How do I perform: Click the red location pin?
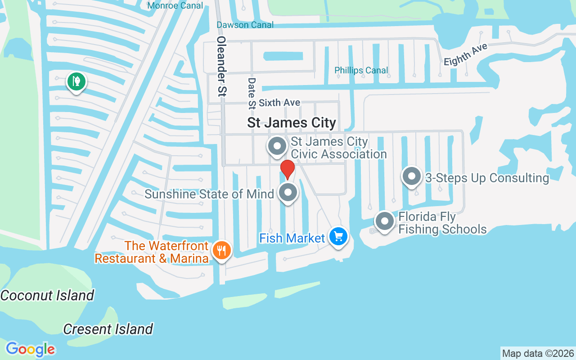288,169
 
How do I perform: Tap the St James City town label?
292,123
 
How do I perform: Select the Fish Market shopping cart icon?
338,236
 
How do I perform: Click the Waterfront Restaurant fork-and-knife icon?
221,251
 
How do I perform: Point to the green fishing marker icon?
77,82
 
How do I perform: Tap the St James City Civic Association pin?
277,146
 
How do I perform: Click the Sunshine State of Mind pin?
288,193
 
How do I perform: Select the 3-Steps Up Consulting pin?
411,176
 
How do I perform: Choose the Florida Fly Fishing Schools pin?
384,221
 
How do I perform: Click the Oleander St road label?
221,66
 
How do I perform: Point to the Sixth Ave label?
279,103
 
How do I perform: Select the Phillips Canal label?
361,70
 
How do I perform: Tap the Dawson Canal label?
245,25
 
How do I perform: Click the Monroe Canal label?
175,6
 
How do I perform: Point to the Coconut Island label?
47,296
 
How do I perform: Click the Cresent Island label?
108,329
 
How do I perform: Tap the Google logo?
31,349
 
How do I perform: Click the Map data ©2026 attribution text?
538,354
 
